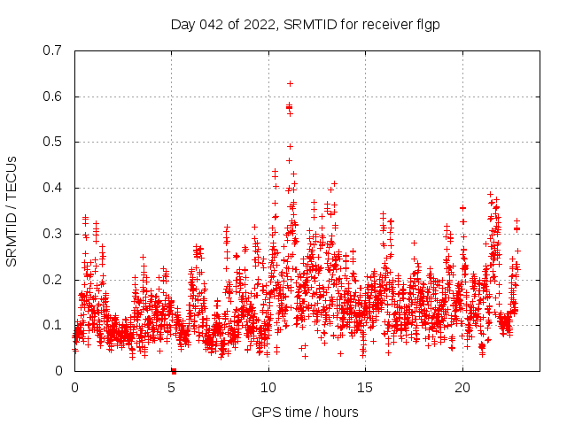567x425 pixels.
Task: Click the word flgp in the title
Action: point(426,25)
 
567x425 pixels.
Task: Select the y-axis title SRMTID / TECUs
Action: point(12,210)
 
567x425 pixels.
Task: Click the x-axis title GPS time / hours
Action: point(305,412)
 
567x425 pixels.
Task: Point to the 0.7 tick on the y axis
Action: point(53,50)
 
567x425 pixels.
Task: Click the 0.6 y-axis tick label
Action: point(53,97)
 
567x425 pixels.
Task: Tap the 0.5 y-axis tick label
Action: point(53,142)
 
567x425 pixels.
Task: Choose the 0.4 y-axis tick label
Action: point(53,188)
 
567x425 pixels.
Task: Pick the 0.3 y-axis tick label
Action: point(53,234)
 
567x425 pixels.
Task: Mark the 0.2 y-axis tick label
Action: point(53,280)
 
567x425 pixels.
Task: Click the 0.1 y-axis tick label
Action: point(53,325)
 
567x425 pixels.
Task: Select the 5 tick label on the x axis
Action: point(172,387)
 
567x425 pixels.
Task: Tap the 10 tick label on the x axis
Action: point(268,387)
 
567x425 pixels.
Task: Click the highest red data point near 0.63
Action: point(290,83)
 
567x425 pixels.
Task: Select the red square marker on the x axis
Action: point(174,371)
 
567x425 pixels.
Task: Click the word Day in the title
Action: point(182,25)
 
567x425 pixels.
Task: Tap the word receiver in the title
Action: point(384,25)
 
